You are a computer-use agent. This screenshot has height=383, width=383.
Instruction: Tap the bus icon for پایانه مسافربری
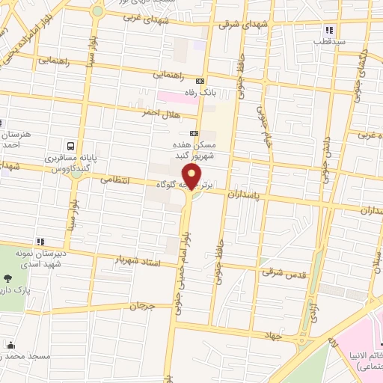pyautogui.click(x=70, y=147)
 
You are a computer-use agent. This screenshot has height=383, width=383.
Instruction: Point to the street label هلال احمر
pyautogui.click(x=156, y=112)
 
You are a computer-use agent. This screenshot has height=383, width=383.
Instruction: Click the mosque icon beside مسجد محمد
pyautogui.click(x=10, y=345)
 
